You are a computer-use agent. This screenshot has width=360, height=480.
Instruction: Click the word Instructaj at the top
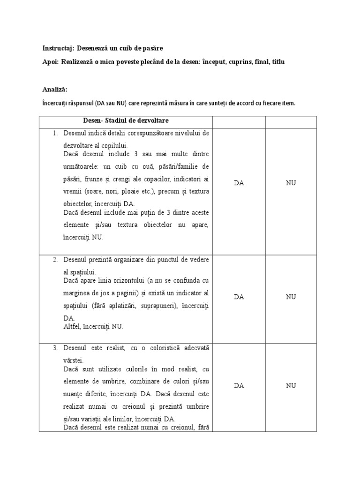(x=58, y=48)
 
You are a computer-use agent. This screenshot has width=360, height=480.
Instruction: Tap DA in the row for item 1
(x=239, y=183)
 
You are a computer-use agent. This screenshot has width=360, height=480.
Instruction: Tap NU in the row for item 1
(x=291, y=183)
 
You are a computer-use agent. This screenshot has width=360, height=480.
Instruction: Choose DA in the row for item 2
(x=239, y=297)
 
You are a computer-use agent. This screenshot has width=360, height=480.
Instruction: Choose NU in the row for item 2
(x=291, y=297)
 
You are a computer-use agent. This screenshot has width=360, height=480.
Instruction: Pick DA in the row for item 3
(x=239, y=386)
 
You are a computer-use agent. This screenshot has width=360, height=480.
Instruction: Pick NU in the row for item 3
(x=291, y=386)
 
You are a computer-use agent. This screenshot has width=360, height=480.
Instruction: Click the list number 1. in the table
(x=55, y=133)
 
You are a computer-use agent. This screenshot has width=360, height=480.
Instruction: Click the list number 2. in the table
(x=55, y=260)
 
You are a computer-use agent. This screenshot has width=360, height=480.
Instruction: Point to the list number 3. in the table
(x=55, y=348)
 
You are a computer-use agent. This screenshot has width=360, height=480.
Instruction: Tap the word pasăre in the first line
(x=152, y=48)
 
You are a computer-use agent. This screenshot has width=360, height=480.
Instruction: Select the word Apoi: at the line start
(x=50, y=62)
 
